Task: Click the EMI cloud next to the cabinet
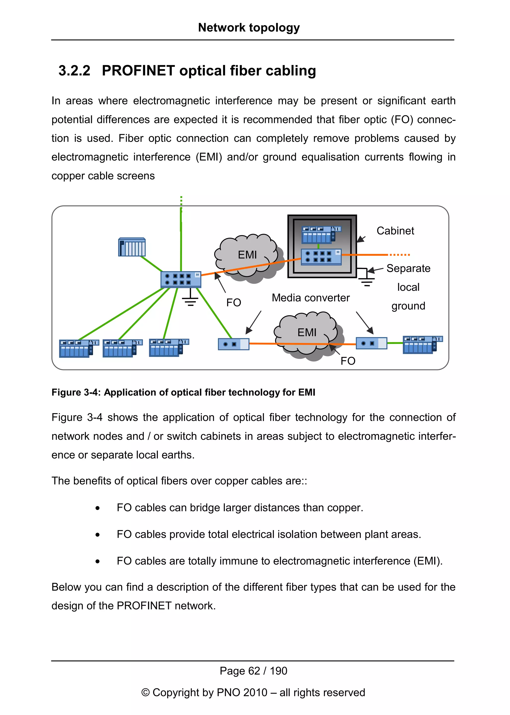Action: [x=248, y=255]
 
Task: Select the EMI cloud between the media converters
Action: [x=307, y=333]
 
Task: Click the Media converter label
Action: [x=311, y=298]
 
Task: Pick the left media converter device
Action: [x=234, y=344]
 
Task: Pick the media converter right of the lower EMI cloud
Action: [x=371, y=343]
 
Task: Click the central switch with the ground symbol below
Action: [x=181, y=279]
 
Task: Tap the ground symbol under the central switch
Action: [x=190, y=300]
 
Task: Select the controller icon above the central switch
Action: [x=132, y=247]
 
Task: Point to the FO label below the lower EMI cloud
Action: [x=348, y=361]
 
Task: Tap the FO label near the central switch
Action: [x=234, y=303]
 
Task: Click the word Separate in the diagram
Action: [x=408, y=268]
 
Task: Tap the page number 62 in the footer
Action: [x=254, y=671]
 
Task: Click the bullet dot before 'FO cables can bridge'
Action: [x=98, y=508]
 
